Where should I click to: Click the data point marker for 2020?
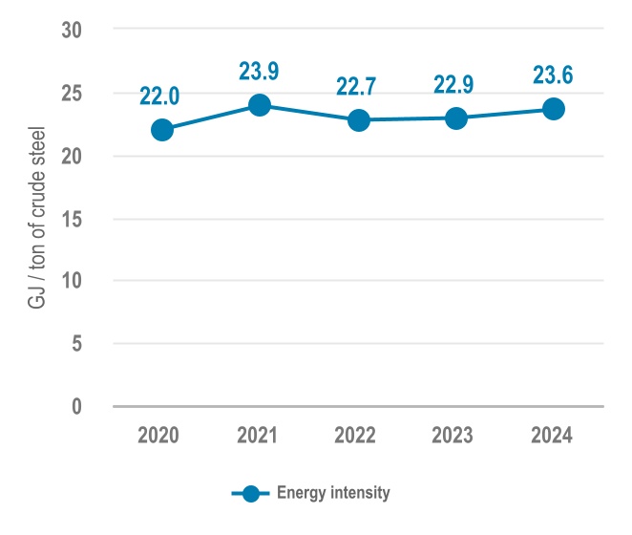click(162, 130)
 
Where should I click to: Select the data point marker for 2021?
click(260, 105)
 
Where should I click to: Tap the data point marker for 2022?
click(359, 120)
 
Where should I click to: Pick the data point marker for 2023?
click(456, 118)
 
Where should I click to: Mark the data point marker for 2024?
click(554, 109)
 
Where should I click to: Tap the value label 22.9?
click(456, 84)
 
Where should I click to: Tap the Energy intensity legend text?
click(333, 493)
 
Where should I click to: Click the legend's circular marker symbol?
click(252, 493)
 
